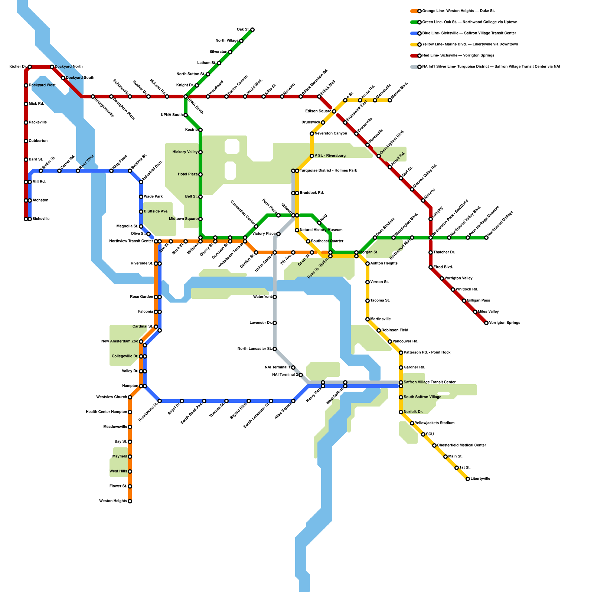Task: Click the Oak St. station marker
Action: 252,30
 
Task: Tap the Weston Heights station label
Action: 113,501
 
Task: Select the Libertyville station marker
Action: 468,479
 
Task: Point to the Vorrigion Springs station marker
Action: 486,323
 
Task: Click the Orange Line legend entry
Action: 458,11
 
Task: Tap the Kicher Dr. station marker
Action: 30,67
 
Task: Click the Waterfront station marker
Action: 275,297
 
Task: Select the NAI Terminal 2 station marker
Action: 301,375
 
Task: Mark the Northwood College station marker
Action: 486,238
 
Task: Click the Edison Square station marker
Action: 334,111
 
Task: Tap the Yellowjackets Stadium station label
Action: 434,423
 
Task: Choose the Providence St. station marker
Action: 160,401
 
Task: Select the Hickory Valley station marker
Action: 200,152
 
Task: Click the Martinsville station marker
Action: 368,319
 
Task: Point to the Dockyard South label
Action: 80,78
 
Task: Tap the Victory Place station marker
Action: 278,234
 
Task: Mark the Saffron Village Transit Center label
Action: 430,382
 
